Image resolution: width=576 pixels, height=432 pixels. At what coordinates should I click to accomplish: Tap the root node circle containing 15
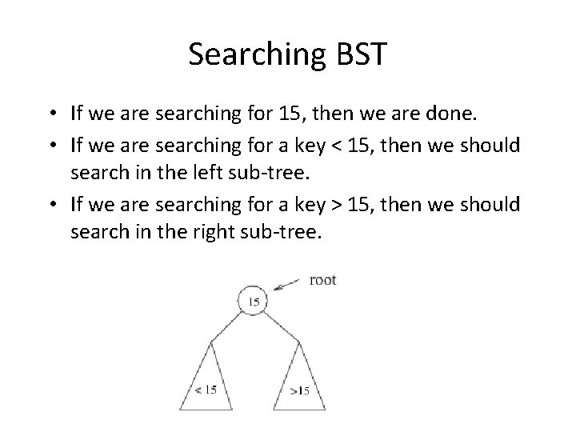click(x=253, y=301)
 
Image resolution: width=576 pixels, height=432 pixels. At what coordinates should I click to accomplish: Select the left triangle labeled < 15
click(x=207, y=380)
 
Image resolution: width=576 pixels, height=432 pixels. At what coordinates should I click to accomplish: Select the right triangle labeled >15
click(x=298, y=380)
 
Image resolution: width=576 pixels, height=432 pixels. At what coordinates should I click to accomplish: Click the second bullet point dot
click(x=57, y=146)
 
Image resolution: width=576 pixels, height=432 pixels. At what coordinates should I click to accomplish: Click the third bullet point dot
click(x=57, y=205)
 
